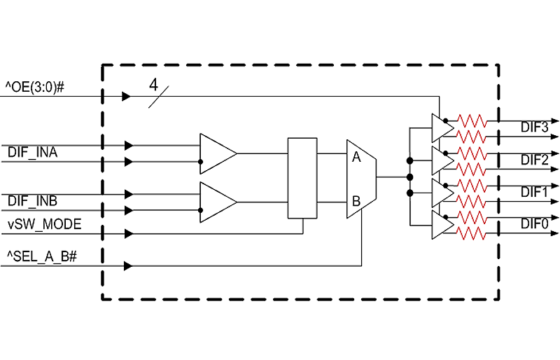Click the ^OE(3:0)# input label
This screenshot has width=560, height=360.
(x=34, y=87)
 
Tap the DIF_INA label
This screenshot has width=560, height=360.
(x=32, y=153)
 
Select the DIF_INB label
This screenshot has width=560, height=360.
(x=32, y=201)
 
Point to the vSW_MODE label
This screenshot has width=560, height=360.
(x=45, y=225)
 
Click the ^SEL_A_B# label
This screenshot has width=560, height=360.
(x=42, y=256)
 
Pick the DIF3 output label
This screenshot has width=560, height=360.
(x=534, y=127)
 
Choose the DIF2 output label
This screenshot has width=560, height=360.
(x=534, y=160)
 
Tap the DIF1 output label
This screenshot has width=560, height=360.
(x=534, y=193)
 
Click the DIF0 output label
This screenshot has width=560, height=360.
(x=534, y=224)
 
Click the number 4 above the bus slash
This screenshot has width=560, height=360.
(x=153, y=85)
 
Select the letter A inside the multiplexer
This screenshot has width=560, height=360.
(x=356, y=157)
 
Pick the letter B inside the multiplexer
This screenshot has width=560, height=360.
(x=356, y=201)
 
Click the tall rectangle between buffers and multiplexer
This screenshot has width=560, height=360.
(x=302, y=178)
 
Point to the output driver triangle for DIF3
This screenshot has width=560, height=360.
(x=443, y=128)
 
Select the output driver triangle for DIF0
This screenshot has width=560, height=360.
(x=443, y=225)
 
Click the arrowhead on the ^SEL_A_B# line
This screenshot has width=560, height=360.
(x=128, y=266)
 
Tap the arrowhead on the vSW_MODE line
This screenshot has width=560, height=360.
(x=129, y=234)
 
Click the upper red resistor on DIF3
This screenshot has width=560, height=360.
(x=472, y=121)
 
